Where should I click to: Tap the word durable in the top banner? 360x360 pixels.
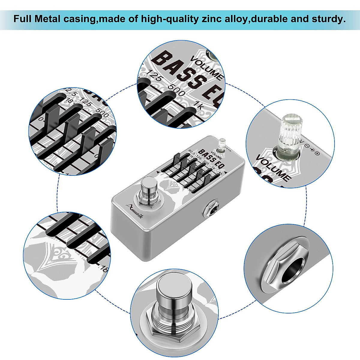265,19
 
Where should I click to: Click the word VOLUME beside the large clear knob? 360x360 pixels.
273,168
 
